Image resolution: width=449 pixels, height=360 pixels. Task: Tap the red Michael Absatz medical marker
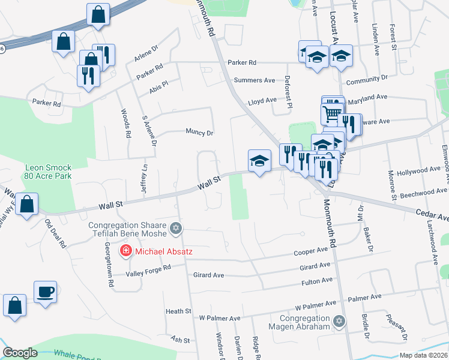126,251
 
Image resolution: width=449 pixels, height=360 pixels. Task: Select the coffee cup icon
45,292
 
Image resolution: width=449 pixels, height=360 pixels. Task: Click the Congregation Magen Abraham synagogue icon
340,322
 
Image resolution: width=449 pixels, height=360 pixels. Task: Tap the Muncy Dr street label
200,132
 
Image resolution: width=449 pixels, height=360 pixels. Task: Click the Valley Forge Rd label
148,274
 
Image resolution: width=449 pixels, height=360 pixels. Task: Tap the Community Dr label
367,79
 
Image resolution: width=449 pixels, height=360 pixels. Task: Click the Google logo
20,353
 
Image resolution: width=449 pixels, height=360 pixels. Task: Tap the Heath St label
178,311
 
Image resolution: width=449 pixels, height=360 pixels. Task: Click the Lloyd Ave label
262,100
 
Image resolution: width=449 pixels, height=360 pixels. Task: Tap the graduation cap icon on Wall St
259,161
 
